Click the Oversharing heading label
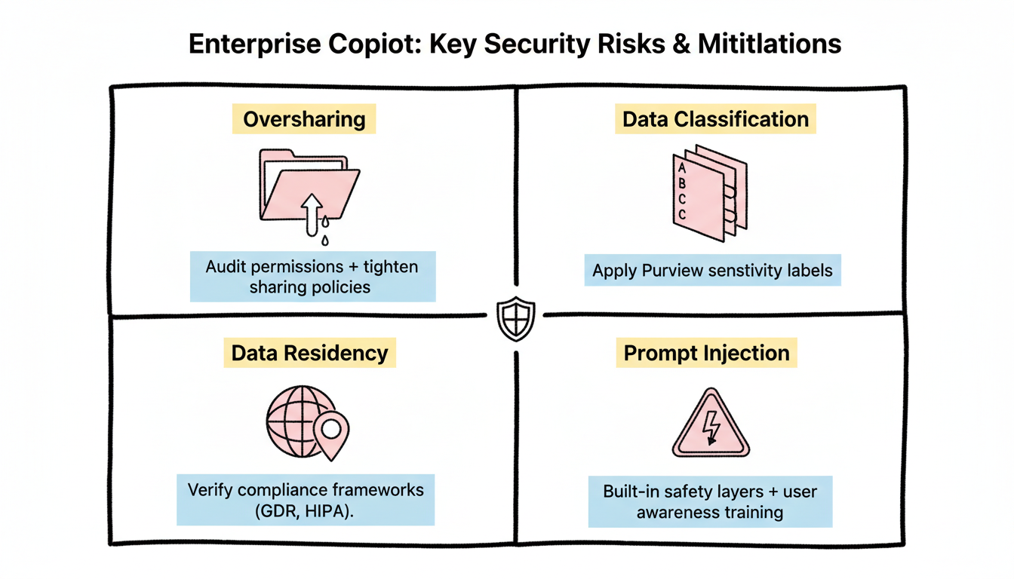pyautogui.click(x=304, y=119)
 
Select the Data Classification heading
pyautogui.click(x=715, y=119)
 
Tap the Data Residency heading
pyautogui.click(x=309, y=353)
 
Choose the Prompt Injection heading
pyautogui.click(x=707, y=353)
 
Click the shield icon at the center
pyautogui.click(x=516, y=318)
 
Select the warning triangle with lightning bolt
pyautogui.click(x=709, y=426)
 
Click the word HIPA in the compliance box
pyautogui.click(x=327, y=510)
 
